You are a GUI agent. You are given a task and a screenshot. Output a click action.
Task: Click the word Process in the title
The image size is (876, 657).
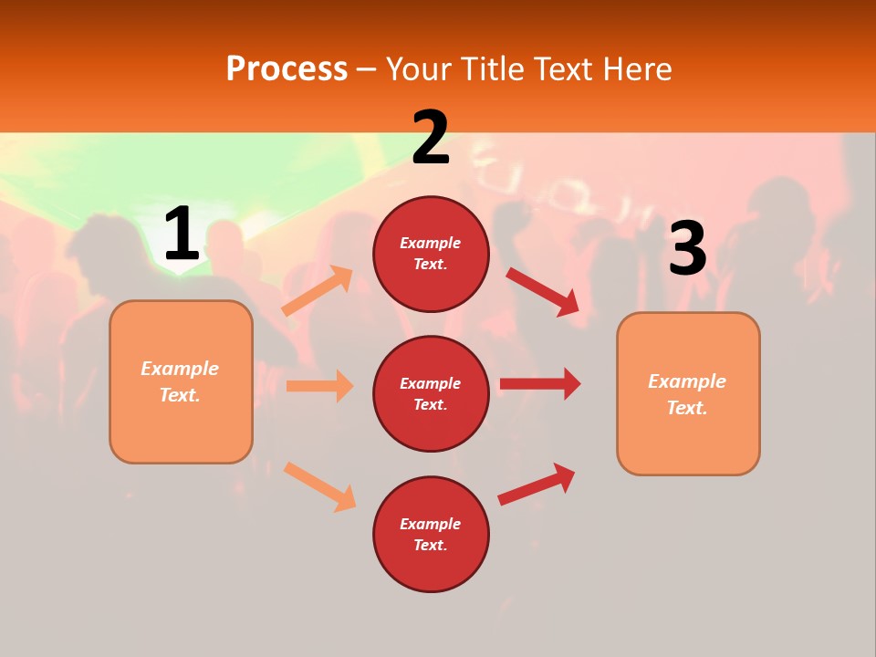pos(287,69)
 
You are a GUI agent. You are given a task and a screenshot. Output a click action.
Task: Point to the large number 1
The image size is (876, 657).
pos(182,235)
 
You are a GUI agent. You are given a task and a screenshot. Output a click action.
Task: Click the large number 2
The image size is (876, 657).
pos(431,138)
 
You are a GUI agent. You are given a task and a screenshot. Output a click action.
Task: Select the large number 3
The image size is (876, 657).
pos(687,249)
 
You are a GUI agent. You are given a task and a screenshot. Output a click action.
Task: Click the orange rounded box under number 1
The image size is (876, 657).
pos(181,381)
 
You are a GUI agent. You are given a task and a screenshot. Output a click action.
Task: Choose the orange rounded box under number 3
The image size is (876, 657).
pos(688,393)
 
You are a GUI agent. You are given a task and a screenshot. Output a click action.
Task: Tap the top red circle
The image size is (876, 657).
pos(431,254)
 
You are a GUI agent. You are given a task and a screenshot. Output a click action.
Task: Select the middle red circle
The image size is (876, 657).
pos(431,393)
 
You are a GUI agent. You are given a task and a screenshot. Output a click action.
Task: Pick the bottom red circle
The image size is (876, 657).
pos(431,534)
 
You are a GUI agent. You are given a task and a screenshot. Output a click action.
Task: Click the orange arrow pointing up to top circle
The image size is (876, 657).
pos(318,291)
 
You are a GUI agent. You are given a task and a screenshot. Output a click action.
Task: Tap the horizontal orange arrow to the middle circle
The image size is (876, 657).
pos(319,386)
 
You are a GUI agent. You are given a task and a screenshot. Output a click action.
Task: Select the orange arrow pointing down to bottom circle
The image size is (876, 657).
pos(319,486)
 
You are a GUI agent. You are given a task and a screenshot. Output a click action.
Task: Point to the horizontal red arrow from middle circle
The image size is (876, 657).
pos(539,384)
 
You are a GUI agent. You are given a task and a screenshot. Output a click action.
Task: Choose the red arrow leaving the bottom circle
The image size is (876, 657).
pos(537,484)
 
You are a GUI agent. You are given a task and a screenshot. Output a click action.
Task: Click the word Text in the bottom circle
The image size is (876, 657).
pos(430,545)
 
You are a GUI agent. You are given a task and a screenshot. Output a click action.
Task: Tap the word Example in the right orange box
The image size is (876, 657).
pos(687,381)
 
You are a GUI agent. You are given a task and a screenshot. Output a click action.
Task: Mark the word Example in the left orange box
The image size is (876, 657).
pos(180,369)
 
